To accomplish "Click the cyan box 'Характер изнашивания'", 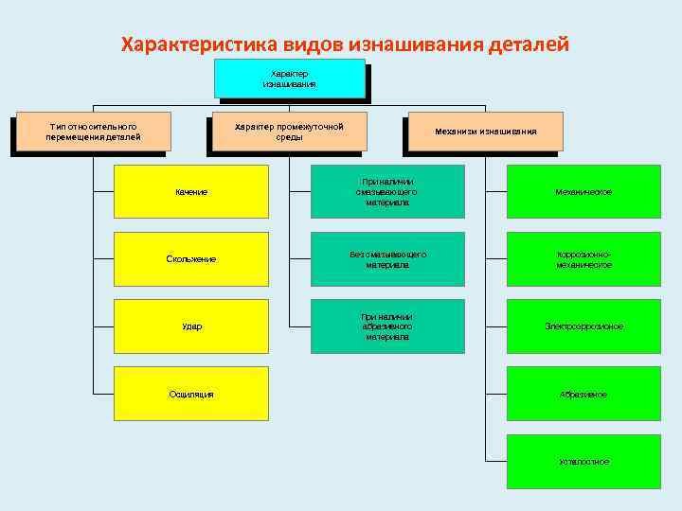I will coord(289,79).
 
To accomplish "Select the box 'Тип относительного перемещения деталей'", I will coord(93,132).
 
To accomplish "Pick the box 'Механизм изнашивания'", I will coord(485,132).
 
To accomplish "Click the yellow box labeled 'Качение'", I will coord(191,192).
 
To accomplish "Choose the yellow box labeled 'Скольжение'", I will coord(191,258).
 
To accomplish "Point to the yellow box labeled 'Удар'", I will coord(191,326).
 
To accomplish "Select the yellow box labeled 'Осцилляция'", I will coord(191,394).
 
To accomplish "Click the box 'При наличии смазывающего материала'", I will coord(387,192).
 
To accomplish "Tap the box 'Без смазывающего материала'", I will coord(387,259).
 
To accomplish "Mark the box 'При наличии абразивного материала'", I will coord(387,326).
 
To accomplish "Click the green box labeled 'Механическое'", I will coord(583,192).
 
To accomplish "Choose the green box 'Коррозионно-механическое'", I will coord(583,259).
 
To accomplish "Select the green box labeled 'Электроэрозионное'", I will coord(583,326).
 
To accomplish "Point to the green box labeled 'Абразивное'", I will coord(583,394).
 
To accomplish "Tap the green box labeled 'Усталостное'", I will coord(583,461).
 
